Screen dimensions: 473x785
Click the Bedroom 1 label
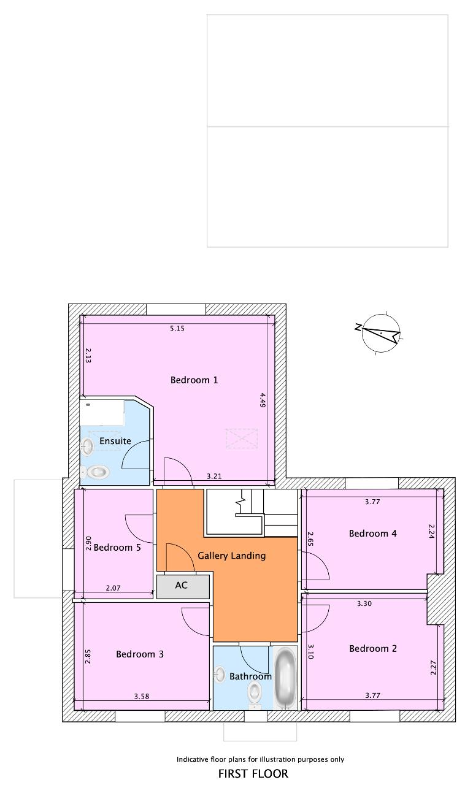pyautogui.click(x=194, y=380)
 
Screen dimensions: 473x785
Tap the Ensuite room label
pyautogui.click(x=115, y=441)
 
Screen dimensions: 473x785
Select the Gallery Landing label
pyautogui.click(x=232, y=556)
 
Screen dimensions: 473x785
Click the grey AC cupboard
pyautogui.click(x=183, y=587)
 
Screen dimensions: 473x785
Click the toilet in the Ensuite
pyautogui.click(x=94, y=472)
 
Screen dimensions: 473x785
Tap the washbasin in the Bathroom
pyautogui.click(x=220, y=674)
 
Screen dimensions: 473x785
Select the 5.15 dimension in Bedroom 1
pyautogui.click(x=177, y=328)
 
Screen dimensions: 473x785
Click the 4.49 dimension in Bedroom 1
pyautogui.click(x=263, y=400)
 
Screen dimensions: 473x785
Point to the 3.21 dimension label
pyautogui.click(x=214, y=476)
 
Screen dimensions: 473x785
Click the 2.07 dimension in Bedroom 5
pyautogui.click(x=113, y=588)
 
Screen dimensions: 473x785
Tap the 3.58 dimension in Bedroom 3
pyautogui.click(x=142, y=696)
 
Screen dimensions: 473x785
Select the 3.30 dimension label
pyautogui.click(x=364, y=603)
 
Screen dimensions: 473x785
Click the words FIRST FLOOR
pyautogui.click(x=253, y=773)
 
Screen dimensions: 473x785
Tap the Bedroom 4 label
pyautogui.click(x=373, y=534)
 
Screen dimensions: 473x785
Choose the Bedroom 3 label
pyautogui.click(x=140, y=654)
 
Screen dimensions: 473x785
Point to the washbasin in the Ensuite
pyautogui.click(x=87, y=447)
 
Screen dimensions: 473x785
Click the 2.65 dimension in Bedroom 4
pyautogui.click(x=310, y=538)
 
